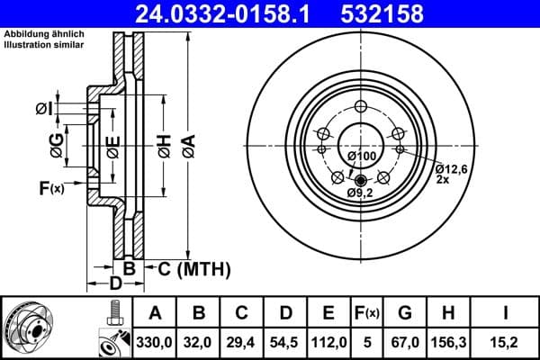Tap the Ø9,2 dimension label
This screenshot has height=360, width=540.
coord(361,193)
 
